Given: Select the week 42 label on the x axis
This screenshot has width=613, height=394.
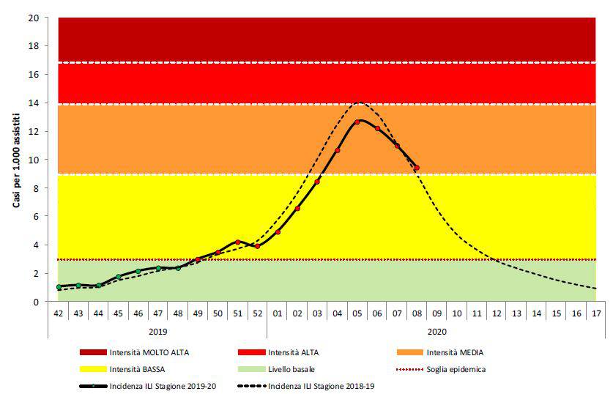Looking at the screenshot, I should [x=59, y=313].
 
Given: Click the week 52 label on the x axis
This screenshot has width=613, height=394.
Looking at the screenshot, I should [x=258, y=313].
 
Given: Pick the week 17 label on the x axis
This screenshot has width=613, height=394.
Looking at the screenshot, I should [x=596, y=313].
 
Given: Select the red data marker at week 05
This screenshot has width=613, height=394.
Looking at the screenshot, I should [x=357, y=122].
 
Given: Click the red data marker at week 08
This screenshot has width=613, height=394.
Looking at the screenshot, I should [x=417, y=168].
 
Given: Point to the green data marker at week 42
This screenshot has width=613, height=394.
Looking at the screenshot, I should [x=59, y=287].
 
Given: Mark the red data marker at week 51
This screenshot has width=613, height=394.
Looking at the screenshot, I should [x=238, y=242].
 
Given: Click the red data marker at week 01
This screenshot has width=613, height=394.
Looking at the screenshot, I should [x=278, y=231].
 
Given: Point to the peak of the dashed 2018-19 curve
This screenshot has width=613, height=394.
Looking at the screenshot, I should [x=359, y=103].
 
